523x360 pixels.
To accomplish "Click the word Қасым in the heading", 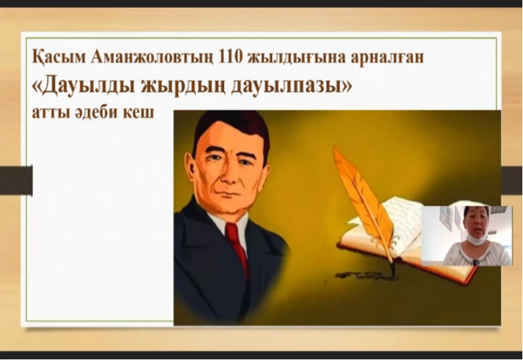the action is pyautogui.click(x=58, y=58).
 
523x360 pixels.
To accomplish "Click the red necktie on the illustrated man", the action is pyautogui.click(x=237, y=247).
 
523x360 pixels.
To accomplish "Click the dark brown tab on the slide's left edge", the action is pyautogui.click(x=16, y=180).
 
